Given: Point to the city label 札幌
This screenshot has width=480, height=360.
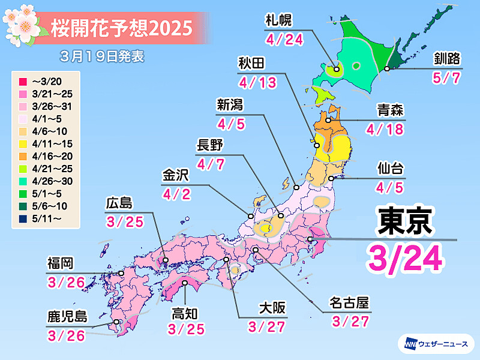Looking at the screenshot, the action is pos(278,20).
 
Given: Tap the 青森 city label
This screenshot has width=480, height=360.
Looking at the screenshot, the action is pos(390,110).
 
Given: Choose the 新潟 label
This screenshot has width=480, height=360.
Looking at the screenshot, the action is pos(230,105).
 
